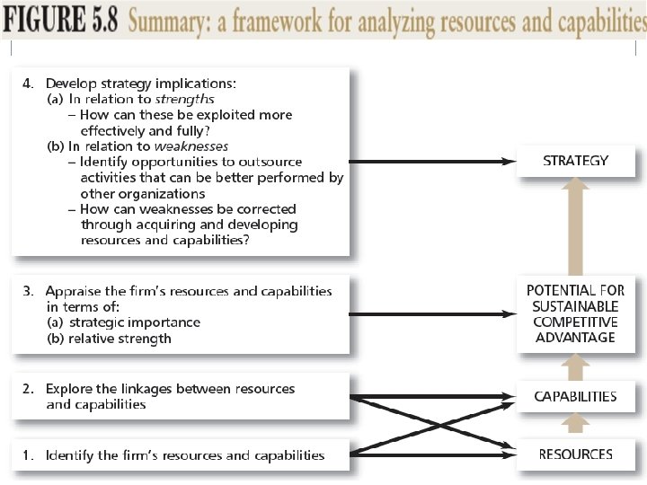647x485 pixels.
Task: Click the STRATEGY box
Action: click(575, 161)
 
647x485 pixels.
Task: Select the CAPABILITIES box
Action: click(575, 396)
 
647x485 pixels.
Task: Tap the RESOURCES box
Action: click(575, 454)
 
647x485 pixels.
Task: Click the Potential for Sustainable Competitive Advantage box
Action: click(575, 313)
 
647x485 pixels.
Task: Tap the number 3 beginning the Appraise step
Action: click(27, 291)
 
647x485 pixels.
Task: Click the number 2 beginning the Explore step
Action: click(27, 389)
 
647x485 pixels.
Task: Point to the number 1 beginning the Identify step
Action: click(27, 455)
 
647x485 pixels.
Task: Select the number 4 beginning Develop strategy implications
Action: click(27, 84)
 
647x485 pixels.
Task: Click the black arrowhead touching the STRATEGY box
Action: click(510, 162)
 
